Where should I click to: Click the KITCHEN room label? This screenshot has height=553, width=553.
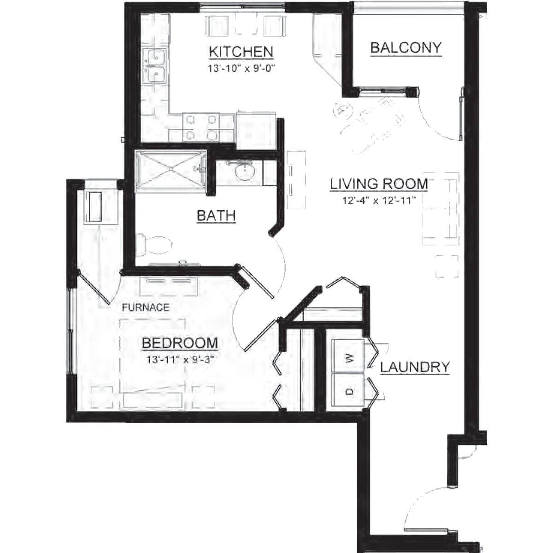[241, 51]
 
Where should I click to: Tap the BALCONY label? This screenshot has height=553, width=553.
[406, 47]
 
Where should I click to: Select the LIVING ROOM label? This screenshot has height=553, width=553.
[379, 183]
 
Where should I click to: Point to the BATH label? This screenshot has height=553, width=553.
[216, 215]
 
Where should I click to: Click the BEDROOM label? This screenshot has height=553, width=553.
[180, 343]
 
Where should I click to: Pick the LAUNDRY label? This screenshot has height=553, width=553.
[415, 367]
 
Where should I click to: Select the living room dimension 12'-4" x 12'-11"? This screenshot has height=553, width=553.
[379, 200]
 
